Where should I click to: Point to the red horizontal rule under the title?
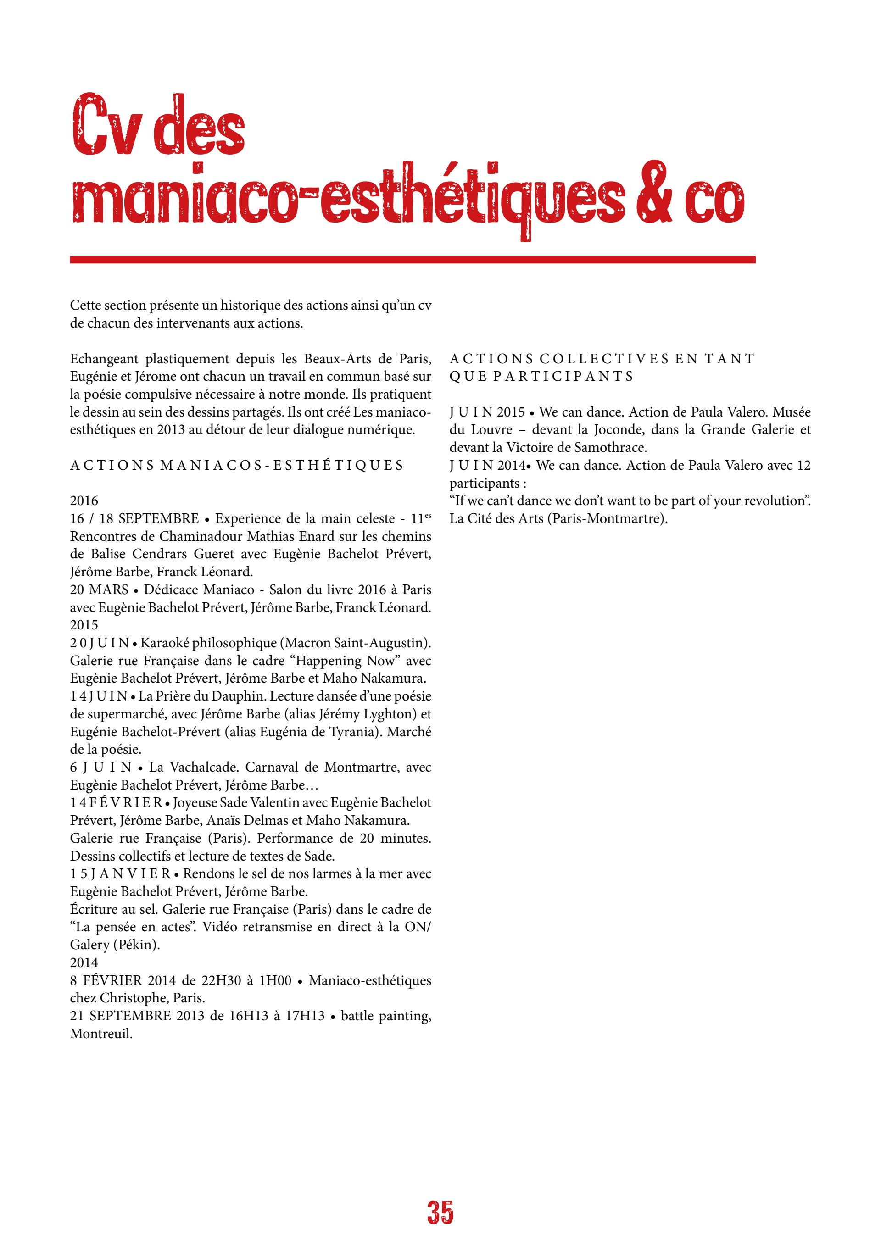[x=413, y=260]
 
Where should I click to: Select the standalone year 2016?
[x=84, y=501]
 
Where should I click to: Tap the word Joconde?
[x=611, y=430]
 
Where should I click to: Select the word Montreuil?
[x=101, y=1034]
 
